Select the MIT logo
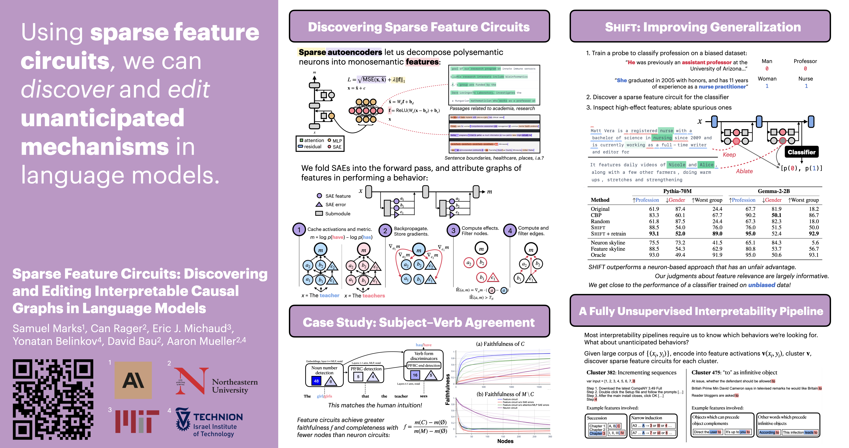click(137, 421)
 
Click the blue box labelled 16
click(415, 375)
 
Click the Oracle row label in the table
click(598, 255)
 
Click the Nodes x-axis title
click(505, 441)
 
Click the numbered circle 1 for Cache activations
click(299, 230)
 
